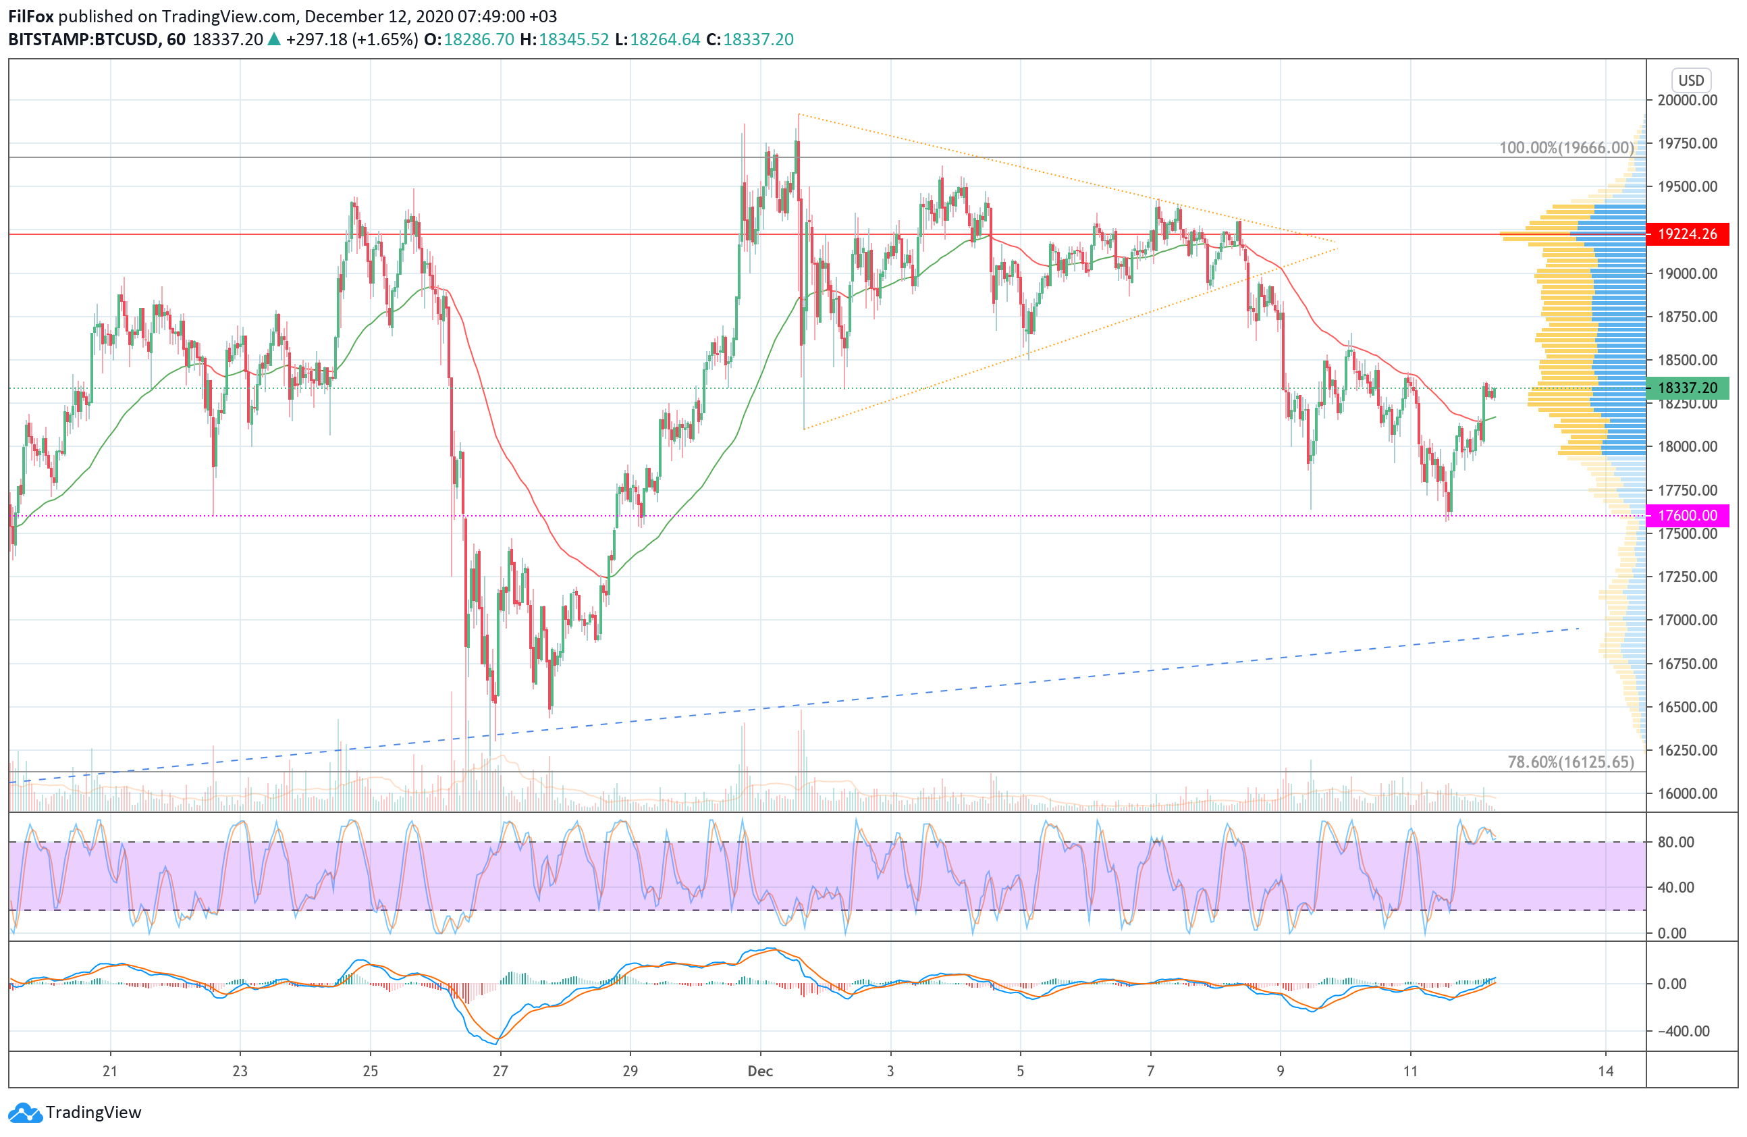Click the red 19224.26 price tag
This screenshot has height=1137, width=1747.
(1687, 234)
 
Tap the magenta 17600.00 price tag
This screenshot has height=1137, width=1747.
(1687, 515)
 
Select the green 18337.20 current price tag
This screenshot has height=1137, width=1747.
(1687, 388)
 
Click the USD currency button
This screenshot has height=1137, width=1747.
(1691, 80)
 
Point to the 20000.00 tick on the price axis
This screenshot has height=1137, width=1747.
(1688, 101)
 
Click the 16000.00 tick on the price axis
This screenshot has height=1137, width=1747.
(1688, 793)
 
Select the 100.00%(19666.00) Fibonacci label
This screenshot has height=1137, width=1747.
(1565, 148)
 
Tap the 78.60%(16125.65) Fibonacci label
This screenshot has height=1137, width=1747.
(1570, 762)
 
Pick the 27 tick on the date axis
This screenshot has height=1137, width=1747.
(500, 1071)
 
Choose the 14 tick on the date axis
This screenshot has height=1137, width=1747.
(1605, 1071)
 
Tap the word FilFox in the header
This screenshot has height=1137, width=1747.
(30, 16)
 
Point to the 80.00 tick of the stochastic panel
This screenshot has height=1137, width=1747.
(1676, 842)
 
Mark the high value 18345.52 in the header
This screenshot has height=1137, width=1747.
(573, 40)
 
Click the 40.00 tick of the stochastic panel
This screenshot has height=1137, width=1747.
(1676, 887)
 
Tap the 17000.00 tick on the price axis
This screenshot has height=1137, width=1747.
(1688, 620)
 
